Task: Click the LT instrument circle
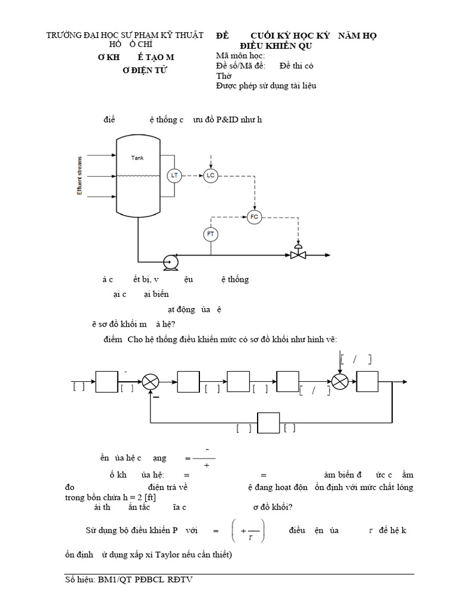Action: [x=174, y=175]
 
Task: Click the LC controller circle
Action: [x=210, y=175]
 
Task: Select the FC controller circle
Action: [x=254, y=216]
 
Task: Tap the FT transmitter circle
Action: [x=210, y=234]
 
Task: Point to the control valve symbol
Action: [x=298, y=253]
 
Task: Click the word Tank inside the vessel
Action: [x=137, y=158]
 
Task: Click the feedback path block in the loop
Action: [x=267, y=423]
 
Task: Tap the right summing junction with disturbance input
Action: [x=340, y=381]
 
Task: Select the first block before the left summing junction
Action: [x=107, y=381]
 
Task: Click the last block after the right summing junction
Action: [x=367, y=381]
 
